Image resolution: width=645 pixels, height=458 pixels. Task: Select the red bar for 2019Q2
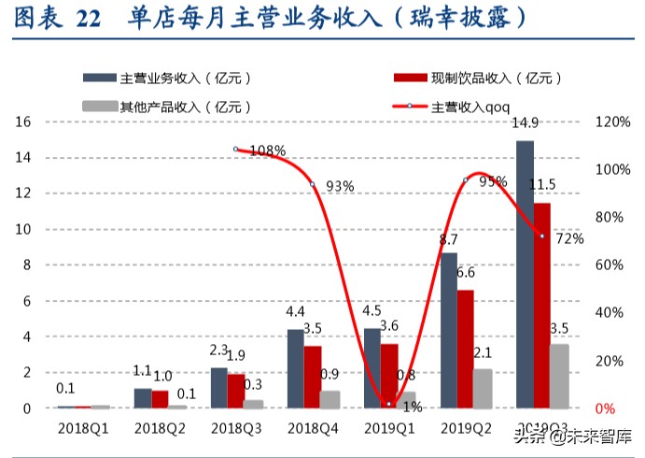[466, 349]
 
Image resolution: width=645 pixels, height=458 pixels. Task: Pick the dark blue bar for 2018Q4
[295, 368]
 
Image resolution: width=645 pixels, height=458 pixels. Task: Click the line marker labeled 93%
[313, 185]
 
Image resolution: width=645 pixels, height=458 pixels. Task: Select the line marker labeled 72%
[542, 236]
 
